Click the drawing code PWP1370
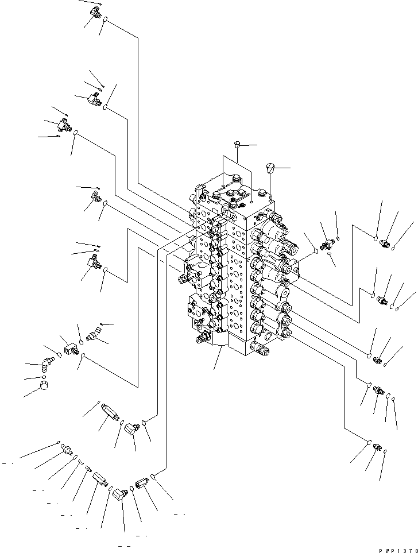pyautogui.click(x=398, y=550)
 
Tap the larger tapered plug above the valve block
pyautogui.click(x=270, y=168)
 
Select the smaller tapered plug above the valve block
pyautogui.click(x=237, y=144)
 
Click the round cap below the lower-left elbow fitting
pyautogui.click(x=44, y=385)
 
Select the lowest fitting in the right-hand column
pyautogui.click(x=377, y=447)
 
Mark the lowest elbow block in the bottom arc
pyautogui.click(x=119, y=494)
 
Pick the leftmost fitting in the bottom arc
pyautogui.click(x=66, y=448)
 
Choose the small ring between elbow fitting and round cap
pyautogui.click(x=43, y=377)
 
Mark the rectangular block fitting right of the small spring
pyautogui.click(x=99, y=479)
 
